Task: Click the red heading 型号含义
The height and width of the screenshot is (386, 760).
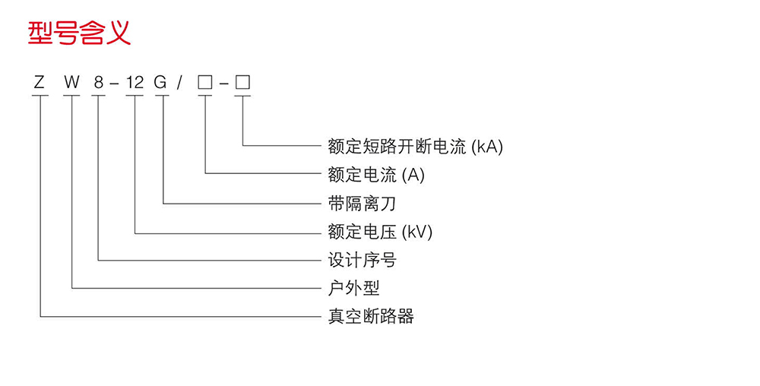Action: pos(80,33)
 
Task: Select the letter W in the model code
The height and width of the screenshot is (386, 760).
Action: pos(72,82)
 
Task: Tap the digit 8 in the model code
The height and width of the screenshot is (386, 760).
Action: pos(99,82)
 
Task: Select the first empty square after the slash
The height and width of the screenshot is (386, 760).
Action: pos(204,82)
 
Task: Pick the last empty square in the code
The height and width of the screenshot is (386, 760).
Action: pos(242,82)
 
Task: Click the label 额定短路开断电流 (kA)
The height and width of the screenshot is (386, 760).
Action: pos(415,146)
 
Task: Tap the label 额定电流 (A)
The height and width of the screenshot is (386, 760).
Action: pos(376,175)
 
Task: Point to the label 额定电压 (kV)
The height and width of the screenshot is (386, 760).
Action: pos(380,231)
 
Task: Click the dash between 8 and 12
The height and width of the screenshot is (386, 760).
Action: pos(115,83)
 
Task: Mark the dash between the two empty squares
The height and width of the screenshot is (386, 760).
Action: pos(223,83)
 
